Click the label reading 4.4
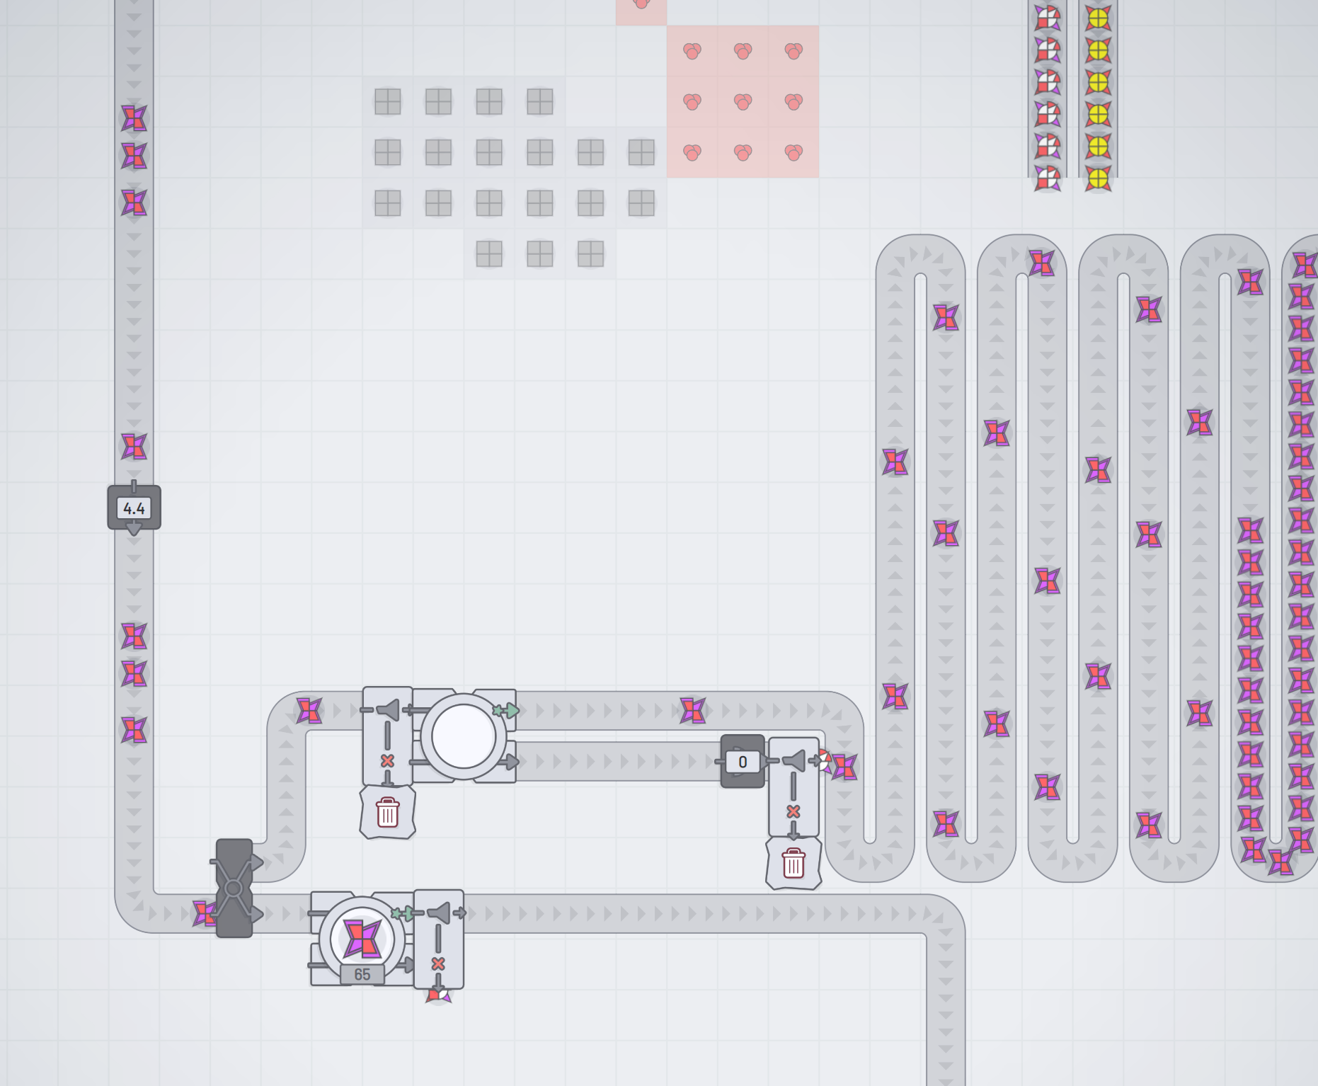[134, 508]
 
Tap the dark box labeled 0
[742, 762]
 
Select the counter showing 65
[362, 974]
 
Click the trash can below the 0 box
[793, 864]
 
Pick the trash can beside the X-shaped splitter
[387, 812]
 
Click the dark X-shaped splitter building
[234, 888]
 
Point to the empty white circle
[463, 736]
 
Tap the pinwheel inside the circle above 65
[362, 937]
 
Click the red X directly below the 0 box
[793, 811]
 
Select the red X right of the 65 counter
[438, 964]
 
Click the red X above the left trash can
[387, 760]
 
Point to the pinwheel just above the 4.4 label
[134, 447]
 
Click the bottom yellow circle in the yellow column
[1098, 179]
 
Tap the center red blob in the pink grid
[743, 102]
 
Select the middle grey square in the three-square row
[540, 253]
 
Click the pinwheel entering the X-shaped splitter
[205, 913]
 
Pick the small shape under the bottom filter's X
[438, 995]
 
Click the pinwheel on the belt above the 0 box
[693, 710]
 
